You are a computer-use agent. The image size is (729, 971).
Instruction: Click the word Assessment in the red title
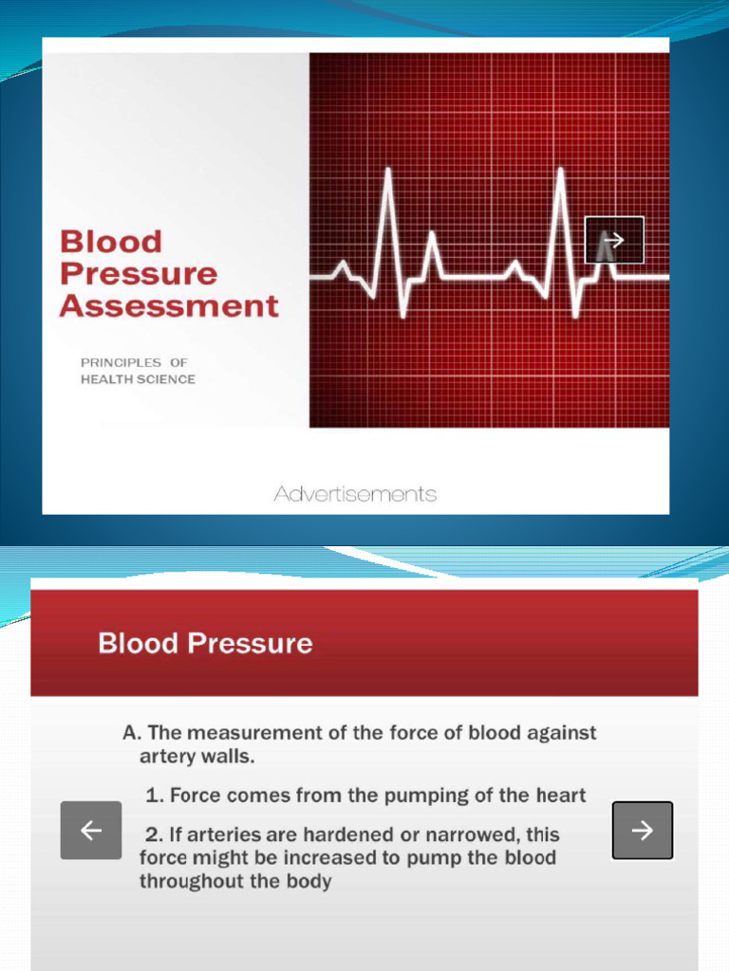[169, 306]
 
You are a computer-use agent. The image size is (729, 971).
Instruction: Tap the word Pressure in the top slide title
[139, 274]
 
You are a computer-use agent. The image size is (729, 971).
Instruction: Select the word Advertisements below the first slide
[355, 494]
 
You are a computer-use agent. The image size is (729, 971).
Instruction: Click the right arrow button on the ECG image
[614, 241]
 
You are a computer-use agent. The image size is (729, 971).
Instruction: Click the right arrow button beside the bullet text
[643, 831]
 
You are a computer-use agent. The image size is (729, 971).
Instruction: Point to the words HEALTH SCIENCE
[138, 379]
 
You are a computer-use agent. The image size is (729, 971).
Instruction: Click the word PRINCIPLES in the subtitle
[121, 362]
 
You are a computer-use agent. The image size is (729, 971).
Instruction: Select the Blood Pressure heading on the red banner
[205, 644]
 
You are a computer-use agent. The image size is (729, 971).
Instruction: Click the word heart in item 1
[564, 796]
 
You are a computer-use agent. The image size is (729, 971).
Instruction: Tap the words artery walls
[197, 756]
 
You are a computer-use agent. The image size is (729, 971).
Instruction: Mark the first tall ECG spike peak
[387, 172]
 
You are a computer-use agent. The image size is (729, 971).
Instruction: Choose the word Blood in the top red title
[111, 242]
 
